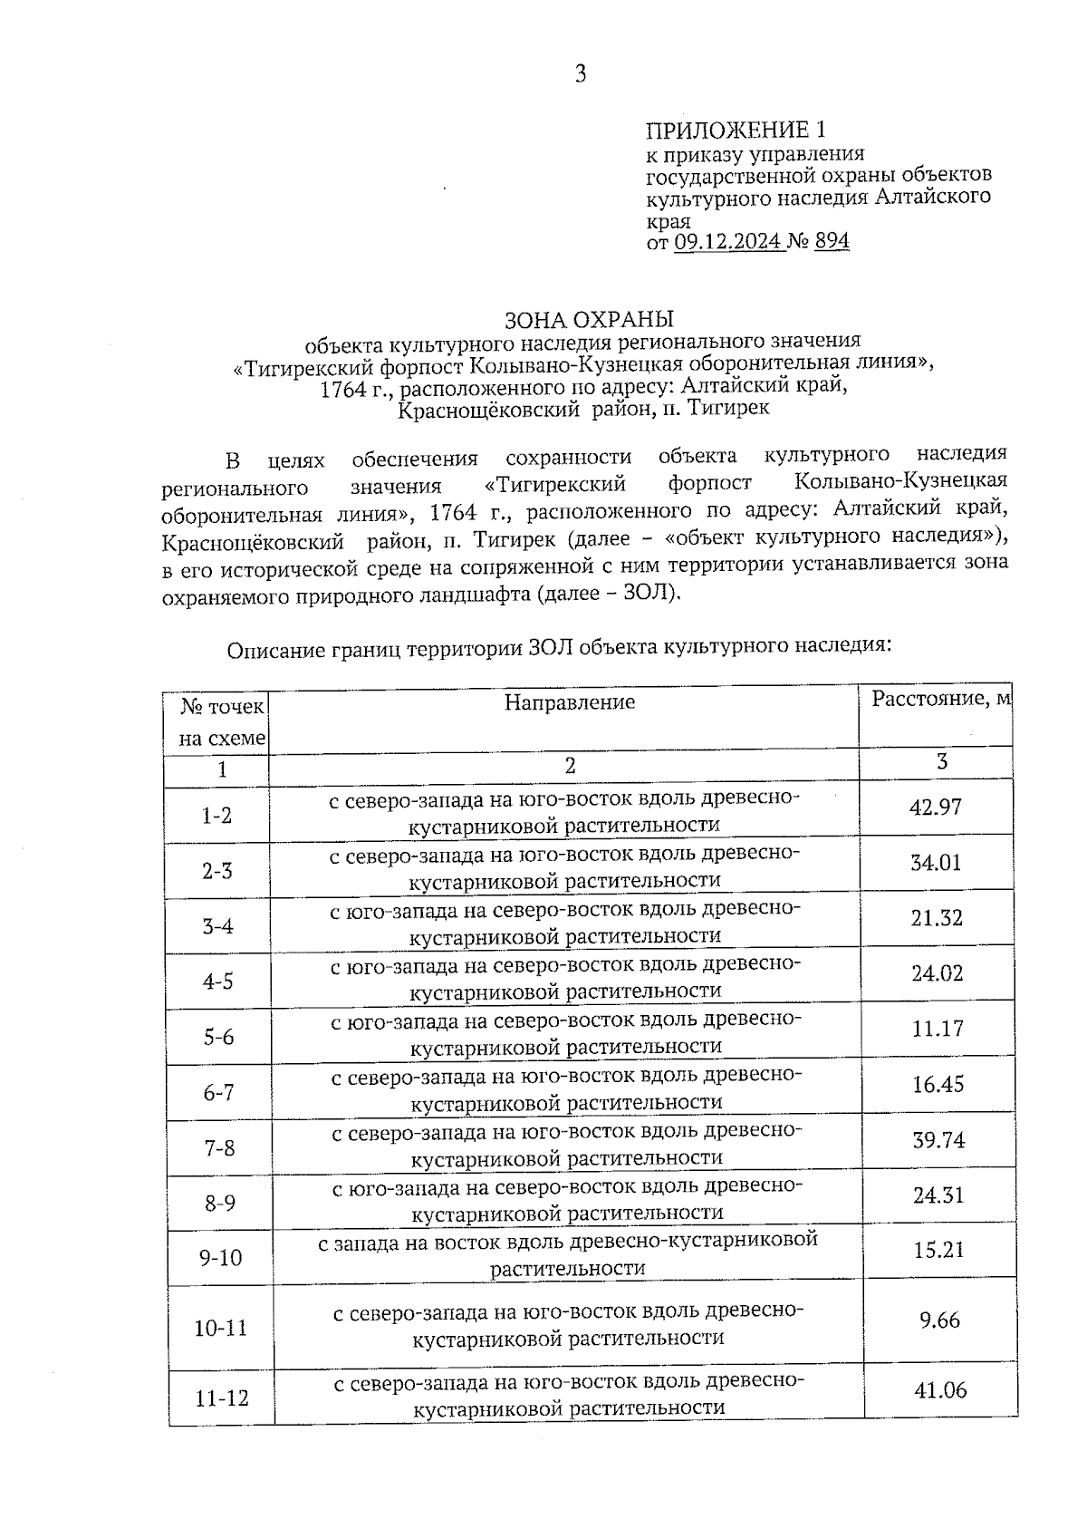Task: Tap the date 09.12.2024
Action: pos(729,242)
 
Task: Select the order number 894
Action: pos(832,242)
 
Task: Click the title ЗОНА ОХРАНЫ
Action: pos(589,320)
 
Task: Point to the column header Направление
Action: pos(570,702)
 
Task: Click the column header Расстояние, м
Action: pos(940,699)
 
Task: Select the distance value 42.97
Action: pos(936,807)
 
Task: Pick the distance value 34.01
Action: pos(936,863)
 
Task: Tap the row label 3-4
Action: pos(217,926)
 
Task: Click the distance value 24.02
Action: pos(937,973)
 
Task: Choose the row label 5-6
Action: pos(218,1037)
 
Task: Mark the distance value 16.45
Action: pos(938,1084)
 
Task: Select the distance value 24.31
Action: pos(938,1195)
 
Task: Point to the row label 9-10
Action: pos(220,1258)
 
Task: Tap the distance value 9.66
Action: pos(939,1320)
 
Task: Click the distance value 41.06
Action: pos(941,1390)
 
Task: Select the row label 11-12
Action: pos(222,1398)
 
